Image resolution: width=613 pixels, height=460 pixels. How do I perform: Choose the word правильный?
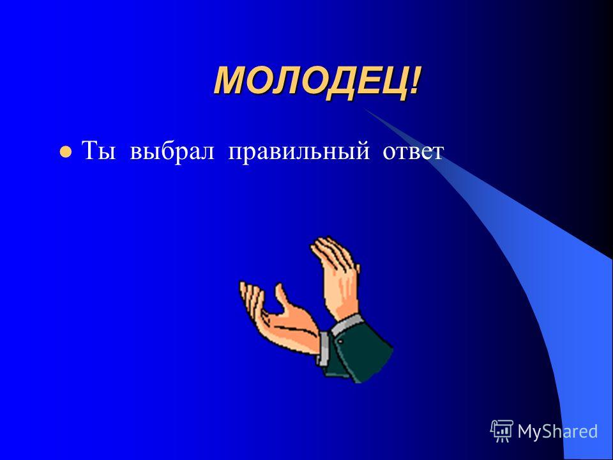pyautogui.click(x=299, y=153)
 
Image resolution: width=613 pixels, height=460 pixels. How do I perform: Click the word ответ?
pyautogui.click(x=413, y=152)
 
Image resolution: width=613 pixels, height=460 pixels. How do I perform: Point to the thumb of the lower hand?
pyautogui.click(x=282, y=298)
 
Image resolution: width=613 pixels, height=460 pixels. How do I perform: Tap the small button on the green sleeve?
pyautogui.click(x=340, y=341)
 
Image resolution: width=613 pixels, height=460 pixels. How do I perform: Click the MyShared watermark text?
pyautogui.click(x=557, y=431)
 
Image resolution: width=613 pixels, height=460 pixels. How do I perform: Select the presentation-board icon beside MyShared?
pyautogui.click(x=502, y=431)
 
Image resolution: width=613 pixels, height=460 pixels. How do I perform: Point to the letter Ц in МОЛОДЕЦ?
pyautogui.click(x=391, y=83)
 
